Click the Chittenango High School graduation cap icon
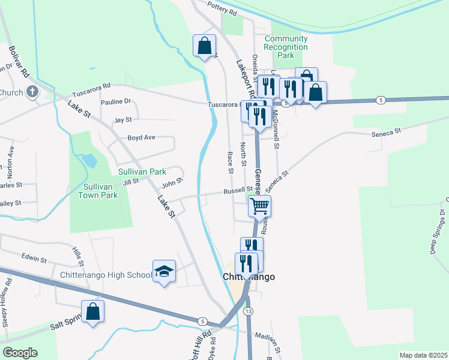(x=164, y=272)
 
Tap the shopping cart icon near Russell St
(x=259, y=206)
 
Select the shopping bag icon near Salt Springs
(x=92, y=311)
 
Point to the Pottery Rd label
(x=222, y=8)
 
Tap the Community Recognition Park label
(x=286, y=47)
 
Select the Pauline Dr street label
(x=116, y=102)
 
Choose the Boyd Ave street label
(x=141, y=137)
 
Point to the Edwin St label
(x=34, y=259)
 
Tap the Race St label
(x=230, y=162)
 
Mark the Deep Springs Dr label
(x=437, y=232)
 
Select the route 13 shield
(x=247, y=311)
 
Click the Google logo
(x=20, y=353)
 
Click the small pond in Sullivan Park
(x=88, y=161)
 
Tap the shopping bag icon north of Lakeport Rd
(x=204, y=45)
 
